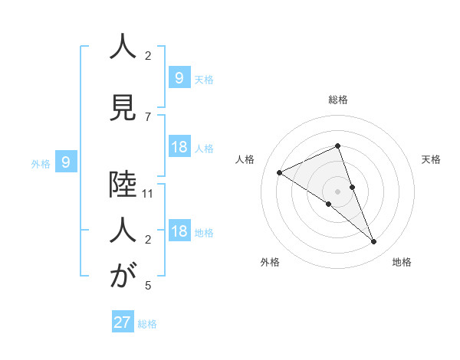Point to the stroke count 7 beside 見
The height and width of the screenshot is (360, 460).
click(x=148, y=116)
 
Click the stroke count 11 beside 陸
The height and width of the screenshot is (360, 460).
click(x=148, y=194)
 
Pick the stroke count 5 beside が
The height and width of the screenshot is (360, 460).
click(x=148, y=286)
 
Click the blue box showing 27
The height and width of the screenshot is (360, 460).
click(x=123, y=322)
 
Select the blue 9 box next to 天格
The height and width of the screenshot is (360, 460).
click(x=179, y=77)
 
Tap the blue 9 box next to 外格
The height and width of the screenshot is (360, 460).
click(x=67, y=162)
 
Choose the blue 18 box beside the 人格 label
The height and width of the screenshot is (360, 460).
click(x=179, y=147)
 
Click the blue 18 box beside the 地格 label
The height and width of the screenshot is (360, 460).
click(x=179, y=231)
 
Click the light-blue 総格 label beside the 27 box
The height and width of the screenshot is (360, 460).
click(x=147, y=324)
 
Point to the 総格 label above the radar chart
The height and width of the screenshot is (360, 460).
click(x=338, y=100)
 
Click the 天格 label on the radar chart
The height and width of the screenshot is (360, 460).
click(x=432, y=159)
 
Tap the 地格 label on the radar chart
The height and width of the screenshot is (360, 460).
click(x=402, y=262)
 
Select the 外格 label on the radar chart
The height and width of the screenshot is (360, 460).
click(x=270, y=262)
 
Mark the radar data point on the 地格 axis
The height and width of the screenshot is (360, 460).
click(x=374, y=242)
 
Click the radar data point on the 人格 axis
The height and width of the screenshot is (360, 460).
click(x=279, y=172)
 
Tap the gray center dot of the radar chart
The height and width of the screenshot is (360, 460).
click(x=338, y=191)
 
